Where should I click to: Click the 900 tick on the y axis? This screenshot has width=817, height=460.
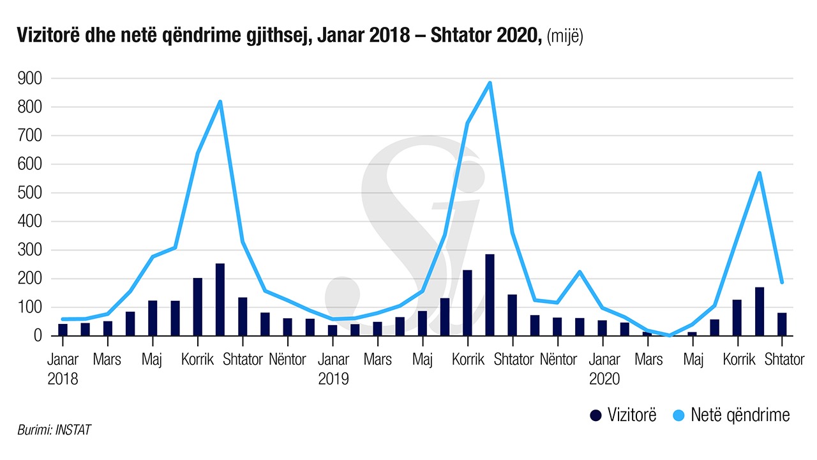tap(29, 79)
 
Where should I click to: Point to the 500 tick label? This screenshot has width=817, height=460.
tap(29, 193)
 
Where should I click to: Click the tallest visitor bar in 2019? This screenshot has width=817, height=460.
tap(490, 295)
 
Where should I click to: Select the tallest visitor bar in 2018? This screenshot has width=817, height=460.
tap(220, 299)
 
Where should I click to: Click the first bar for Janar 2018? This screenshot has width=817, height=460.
tap(63, 330)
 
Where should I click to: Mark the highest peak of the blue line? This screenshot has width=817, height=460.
tap(490, 83)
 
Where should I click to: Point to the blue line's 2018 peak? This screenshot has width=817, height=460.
tap(220, 102)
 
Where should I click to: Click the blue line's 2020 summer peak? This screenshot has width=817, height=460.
tap(760, 173)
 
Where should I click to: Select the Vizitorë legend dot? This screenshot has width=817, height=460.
tap(596, 415)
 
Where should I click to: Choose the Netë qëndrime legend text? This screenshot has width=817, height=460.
tap(741, 415)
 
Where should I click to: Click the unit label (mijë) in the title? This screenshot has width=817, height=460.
tap(565, 37)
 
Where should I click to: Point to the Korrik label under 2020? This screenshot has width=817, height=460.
tap(739, 360)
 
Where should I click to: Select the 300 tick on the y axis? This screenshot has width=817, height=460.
tap(29, 250)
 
